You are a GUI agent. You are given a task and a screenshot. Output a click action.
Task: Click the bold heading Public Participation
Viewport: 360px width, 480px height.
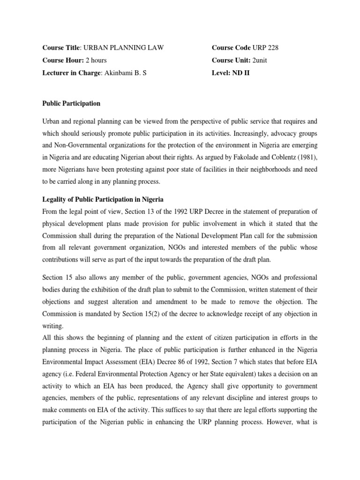71,103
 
